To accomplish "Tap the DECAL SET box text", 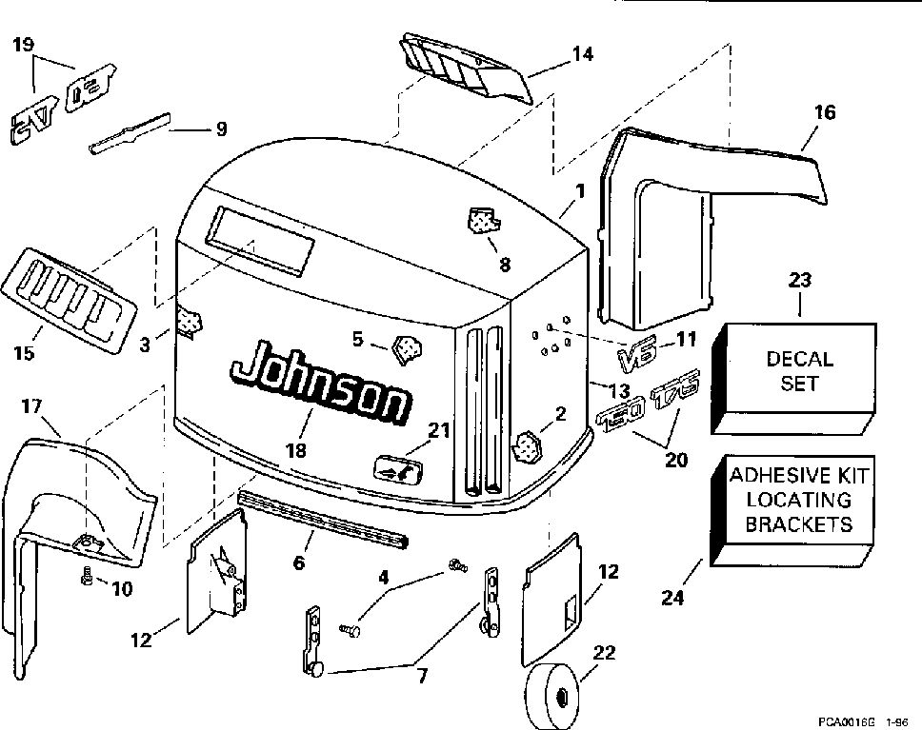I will pos(799,371).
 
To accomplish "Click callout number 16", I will pos(825,113).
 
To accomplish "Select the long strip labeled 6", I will pos(324,519).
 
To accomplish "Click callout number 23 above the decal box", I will pos(799,281).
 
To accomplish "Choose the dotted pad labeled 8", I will pos(485,222).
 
